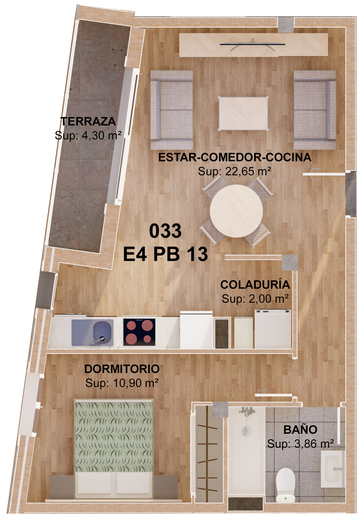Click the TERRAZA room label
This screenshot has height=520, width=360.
(x=88, y=122)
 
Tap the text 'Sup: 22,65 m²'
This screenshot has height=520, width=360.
(x=234, y=171)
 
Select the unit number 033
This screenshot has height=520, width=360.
(x=165, y=231)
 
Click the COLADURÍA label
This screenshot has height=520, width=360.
(x=255, y=285)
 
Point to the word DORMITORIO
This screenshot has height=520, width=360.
(x=122, y=369)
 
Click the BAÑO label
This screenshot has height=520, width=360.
(x=300, y=430)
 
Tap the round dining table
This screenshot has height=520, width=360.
(x=236, y=211)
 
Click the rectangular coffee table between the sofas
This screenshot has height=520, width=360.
(x=243, y=113)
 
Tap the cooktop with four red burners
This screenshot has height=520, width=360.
(x=139, y=332)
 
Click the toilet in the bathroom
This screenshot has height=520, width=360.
(x=285, y=485)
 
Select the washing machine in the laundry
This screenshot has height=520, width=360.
(x=273, y=329)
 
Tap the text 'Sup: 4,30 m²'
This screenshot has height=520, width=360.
(x=88, y=136)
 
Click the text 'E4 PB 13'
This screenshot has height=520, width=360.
(x=166, y=254)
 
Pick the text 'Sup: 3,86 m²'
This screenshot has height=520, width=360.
(x=300, y=444)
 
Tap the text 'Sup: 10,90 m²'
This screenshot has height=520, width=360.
(x=122, y=383)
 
